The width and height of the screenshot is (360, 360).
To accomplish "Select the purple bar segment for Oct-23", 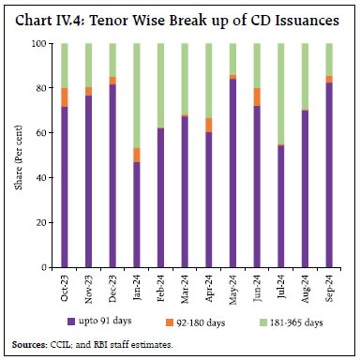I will [64, 187].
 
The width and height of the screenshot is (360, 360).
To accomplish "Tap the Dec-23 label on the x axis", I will [112, 285].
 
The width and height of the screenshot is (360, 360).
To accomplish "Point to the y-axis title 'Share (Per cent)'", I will [20, 156].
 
